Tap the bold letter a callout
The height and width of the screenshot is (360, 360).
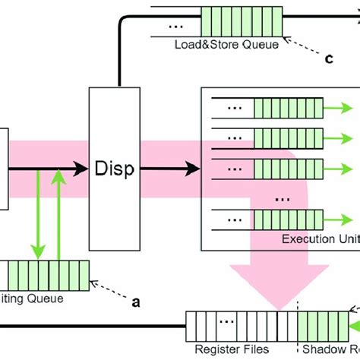tap(136, 302)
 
